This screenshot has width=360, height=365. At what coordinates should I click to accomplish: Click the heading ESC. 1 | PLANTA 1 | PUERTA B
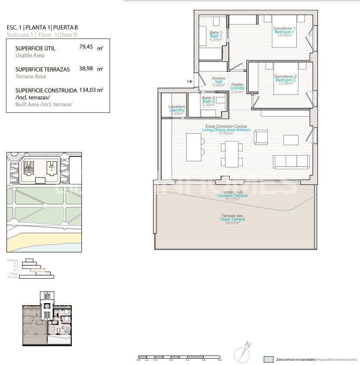point(43,28)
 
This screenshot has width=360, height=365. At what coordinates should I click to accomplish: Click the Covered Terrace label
point(232,196)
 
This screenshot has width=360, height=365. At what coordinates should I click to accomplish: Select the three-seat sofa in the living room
point(291,161)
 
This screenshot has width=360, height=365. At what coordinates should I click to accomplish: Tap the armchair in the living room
point(261,137)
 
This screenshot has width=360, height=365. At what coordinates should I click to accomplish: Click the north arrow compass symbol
point(242,353)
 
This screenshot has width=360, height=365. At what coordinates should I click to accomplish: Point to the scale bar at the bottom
point(178,357)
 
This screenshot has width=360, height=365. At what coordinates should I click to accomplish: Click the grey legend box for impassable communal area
point(268,359)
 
